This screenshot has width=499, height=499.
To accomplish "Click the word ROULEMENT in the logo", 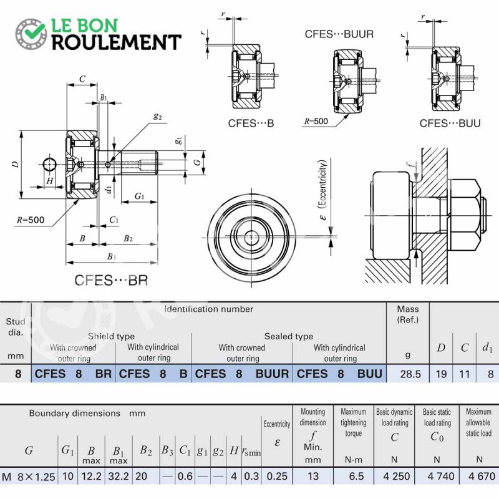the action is coord(117,42).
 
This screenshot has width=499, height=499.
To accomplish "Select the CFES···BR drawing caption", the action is coord(112,280).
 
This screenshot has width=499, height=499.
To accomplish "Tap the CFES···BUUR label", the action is coord(339,34).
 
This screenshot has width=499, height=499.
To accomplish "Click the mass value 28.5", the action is coord(410,374).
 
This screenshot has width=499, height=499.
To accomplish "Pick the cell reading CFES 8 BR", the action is coord(73,374).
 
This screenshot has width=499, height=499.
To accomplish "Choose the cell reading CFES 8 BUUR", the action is coord(242,374).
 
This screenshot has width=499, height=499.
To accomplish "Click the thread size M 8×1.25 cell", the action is coord(29,477).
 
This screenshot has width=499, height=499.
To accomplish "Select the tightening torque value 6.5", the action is coord(356,476).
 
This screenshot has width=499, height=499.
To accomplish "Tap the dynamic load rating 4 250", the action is coord(397,476).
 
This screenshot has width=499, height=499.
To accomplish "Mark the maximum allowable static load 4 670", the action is coord(482,476).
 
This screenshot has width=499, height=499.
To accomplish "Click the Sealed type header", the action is coord(289,336).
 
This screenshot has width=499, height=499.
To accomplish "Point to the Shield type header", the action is coord(111,336).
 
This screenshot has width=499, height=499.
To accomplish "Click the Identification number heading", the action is coord(209,309).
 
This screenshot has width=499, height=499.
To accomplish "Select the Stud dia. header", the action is coord(16,327).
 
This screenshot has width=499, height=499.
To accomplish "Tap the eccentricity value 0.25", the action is coord(277,476).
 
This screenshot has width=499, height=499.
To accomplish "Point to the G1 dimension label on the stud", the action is coord(139,196).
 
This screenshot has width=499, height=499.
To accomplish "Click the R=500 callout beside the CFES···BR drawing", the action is coord(31,220).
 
